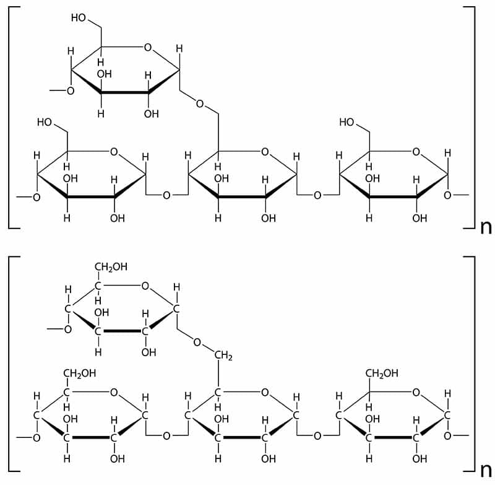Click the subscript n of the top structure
(486, 227)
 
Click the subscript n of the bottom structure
(486, 469)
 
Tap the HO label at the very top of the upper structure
(79, 17)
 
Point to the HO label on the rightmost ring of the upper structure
(347, 122)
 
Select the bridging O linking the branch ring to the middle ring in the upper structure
(200, 103)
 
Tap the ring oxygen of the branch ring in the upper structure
(147, 46)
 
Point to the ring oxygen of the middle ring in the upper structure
(265, 151)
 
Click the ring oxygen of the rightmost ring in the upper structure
(416, 151)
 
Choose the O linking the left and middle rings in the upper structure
(166, 196)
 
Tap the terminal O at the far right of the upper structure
(447, 196)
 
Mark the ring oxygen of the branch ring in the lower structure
(145, 286)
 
